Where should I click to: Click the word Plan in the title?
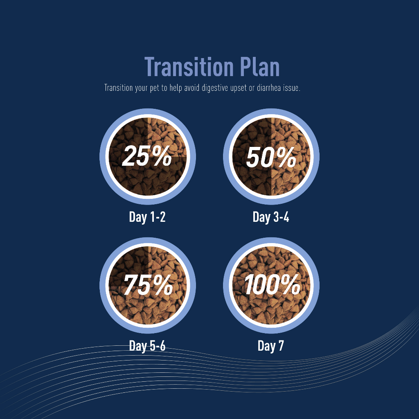260,67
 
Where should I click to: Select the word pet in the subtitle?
154,88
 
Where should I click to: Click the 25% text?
147,156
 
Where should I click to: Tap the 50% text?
271,158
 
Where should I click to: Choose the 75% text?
148,285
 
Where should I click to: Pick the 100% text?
272,285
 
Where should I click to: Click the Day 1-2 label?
147,217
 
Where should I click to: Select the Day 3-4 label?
271,217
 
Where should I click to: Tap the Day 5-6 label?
147,346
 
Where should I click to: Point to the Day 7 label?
271,346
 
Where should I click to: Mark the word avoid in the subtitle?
191,88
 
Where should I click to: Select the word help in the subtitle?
176,88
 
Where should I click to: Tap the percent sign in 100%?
291,285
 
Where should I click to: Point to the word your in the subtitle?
141,88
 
